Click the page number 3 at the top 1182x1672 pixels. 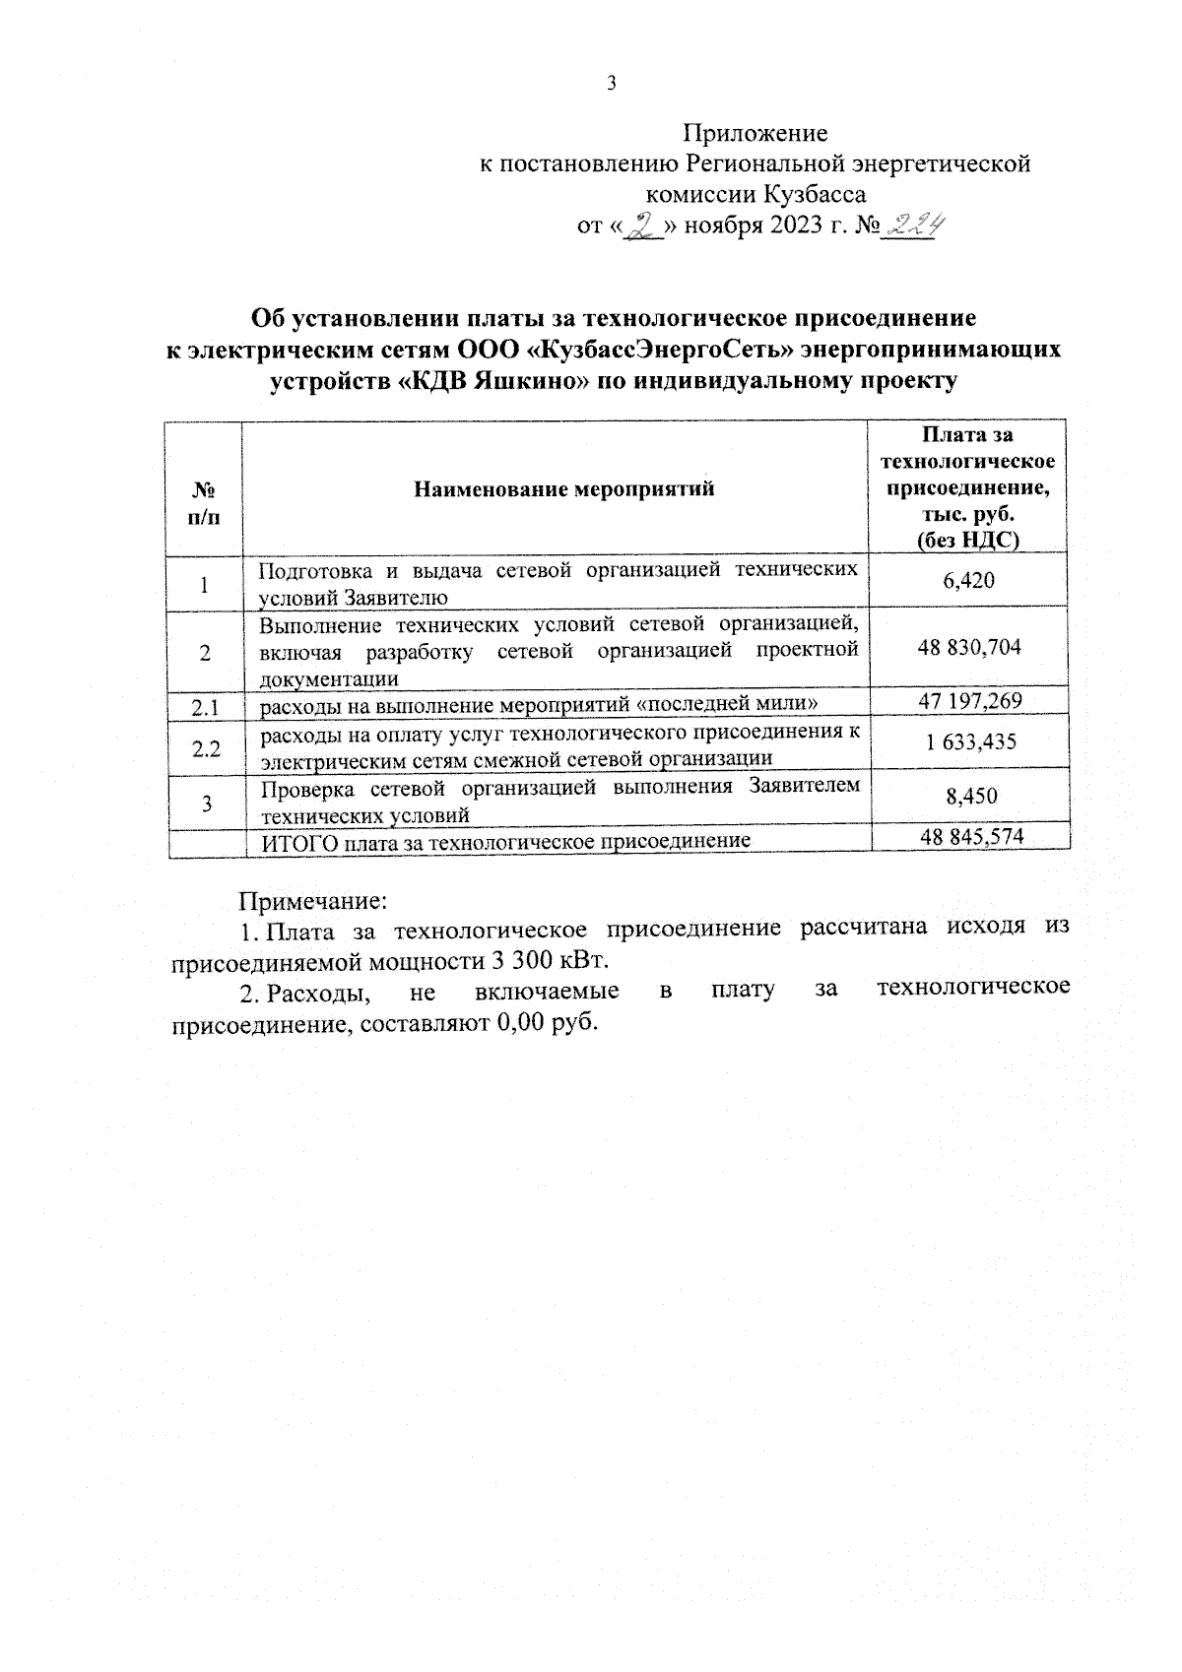611,84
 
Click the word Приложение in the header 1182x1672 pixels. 755,133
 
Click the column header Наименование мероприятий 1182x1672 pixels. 563,489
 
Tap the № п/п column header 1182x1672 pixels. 204,502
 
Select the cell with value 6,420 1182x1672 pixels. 969,581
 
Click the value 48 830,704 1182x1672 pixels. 969,647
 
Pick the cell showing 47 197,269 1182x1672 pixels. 969,701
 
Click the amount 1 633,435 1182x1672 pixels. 969,742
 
